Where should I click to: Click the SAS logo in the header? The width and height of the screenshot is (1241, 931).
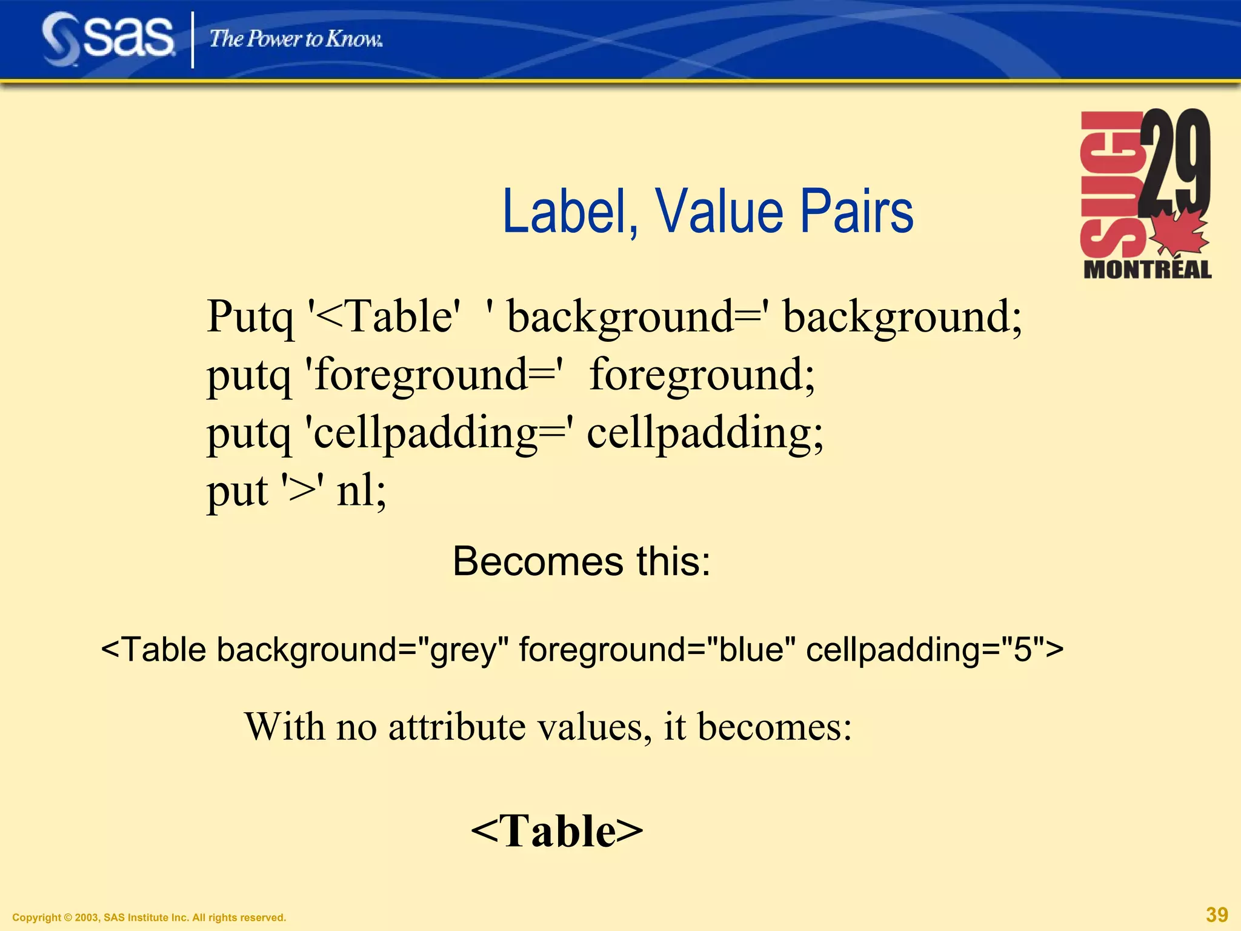tap(108, 39)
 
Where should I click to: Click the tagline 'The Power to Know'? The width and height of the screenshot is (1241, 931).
tap(296, 39)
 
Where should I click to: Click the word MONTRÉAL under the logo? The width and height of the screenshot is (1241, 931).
tap(1147, 269)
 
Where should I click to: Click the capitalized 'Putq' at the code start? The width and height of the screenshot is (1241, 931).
tap(250, 318)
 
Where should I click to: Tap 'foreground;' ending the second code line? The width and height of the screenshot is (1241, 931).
tap(702, 375)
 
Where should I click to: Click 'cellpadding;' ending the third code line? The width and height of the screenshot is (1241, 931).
tap(705, 433)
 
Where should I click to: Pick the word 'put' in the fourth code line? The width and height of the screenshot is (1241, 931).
tap(237, 491)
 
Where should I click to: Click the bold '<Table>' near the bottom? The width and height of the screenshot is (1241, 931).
tap(557, 830)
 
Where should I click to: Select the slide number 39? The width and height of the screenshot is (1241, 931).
tap(1217, 914)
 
